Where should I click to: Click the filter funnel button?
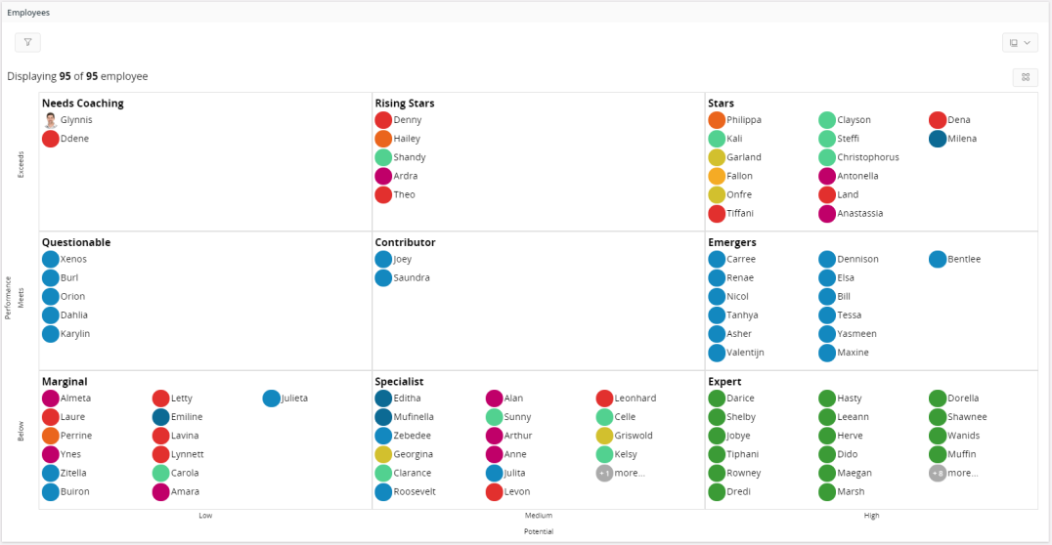(27, 42)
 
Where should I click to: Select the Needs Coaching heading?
(82, 104)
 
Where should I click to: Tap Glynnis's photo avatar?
(51, 120)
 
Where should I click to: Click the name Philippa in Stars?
(743, 120)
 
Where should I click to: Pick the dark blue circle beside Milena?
(938, 139)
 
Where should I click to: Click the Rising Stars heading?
(404, 104)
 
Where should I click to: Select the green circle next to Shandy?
(383, 157)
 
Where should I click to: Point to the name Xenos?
(73, 259)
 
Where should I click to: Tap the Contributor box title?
(405, 242)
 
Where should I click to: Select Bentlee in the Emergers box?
(963, 259)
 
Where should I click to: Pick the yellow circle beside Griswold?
(605, 436)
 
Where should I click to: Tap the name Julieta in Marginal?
(294, 398)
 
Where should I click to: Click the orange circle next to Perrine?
(51, 436)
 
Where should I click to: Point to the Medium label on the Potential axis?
(539, 516)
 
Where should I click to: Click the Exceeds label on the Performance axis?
(22, 163)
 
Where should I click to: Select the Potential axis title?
(539, 531)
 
